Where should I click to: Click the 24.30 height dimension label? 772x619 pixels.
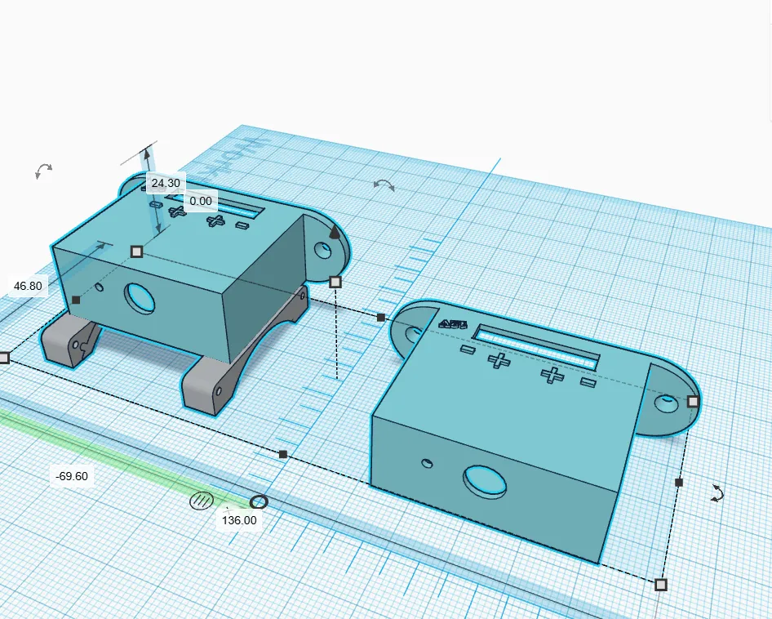point(165,183)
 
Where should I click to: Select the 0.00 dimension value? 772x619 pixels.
point(200,201)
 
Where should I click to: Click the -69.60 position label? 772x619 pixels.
point(72,476)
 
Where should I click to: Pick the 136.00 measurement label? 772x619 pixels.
point(239,519)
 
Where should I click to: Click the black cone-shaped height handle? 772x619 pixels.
point(334,233)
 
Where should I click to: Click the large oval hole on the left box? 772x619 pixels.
point(140,298)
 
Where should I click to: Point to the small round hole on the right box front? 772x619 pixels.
point(427,464)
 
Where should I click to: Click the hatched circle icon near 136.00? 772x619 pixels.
point(201,501)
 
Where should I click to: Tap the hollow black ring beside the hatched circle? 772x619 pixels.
point(259,501)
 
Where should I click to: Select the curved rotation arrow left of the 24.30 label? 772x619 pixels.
point(43,171)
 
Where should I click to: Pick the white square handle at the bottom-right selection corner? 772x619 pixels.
point(661,584)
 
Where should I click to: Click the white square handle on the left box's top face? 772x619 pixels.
point(137,251)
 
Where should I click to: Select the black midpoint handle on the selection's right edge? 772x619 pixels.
point(679,483)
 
